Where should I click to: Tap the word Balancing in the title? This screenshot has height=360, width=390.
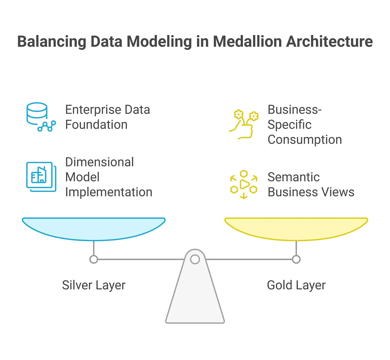point(52,42)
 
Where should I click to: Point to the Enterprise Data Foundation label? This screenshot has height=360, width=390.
point(107,117)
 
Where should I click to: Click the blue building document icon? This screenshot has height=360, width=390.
point(40,177)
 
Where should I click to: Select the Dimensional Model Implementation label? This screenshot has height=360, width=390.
point(108,177)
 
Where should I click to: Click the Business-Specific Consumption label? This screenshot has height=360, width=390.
point(304,125)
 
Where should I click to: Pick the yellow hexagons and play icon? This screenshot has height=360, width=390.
point(244,184)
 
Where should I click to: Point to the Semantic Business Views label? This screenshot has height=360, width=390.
point(311,185)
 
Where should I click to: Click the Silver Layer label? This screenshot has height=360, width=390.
point(94,285)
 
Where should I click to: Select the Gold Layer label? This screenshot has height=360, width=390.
point(296,285)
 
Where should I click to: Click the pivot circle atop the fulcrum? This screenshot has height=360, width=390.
point(195,259)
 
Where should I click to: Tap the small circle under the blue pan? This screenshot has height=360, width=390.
point(94,259)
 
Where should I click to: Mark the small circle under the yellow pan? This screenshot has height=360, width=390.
point(296,259)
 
